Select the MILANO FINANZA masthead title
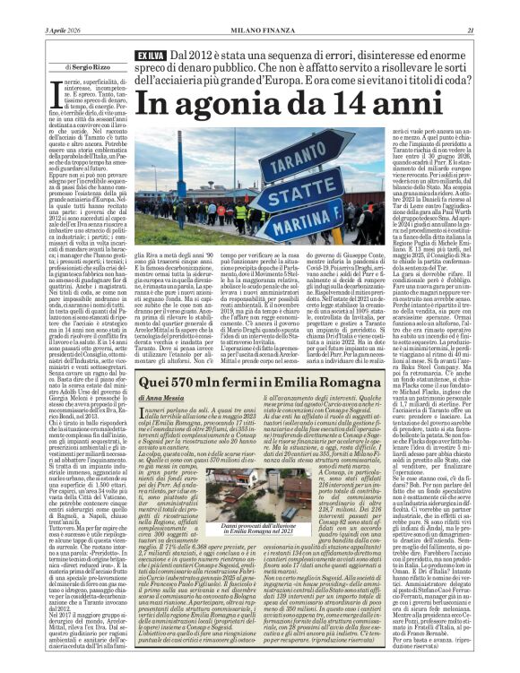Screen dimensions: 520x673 260,6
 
